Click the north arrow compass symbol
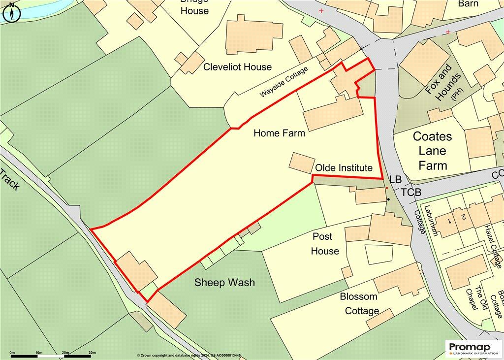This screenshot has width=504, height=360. click(x=11, y=12)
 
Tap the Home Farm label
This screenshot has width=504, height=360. click(x=279, y=133)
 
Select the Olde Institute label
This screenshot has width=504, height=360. click(x=344, y=168)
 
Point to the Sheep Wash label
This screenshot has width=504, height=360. click(x=224, y=282)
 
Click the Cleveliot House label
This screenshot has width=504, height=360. click(x=237, y=67)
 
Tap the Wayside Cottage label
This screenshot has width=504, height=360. click(x=283, y=81)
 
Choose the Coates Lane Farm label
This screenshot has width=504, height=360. click(x=433, y=151)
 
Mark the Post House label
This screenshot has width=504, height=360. click(x=325, y=244)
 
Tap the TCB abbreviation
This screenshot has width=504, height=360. click(x=411, y=193)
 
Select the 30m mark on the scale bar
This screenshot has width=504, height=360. click(x=92, y=353)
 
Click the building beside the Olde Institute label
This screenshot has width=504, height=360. click(x=301, y=163)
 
